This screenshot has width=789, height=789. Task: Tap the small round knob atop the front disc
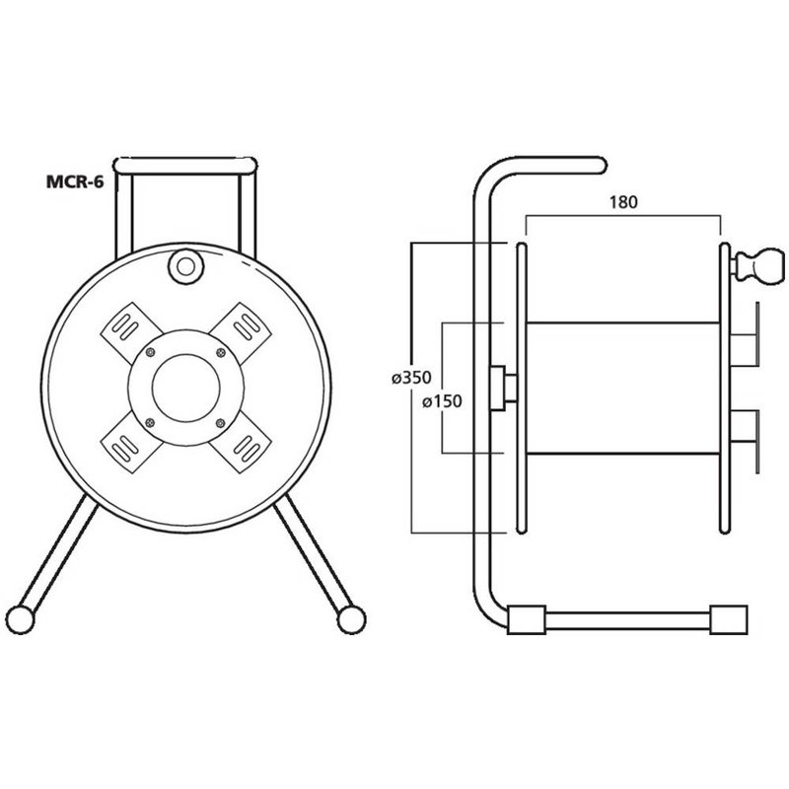coord(183,264)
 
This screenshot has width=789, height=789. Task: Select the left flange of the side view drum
coord(520,387)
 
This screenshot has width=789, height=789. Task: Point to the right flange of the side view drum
coord(724,387)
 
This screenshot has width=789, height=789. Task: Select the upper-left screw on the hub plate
coord(150,353)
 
